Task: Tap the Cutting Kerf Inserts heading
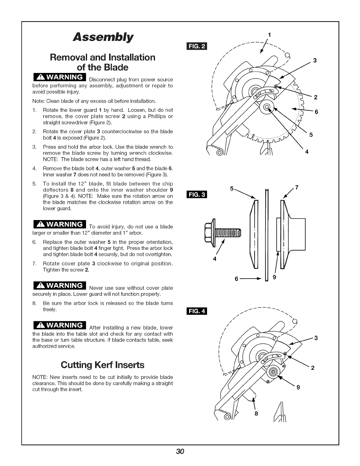[102, 365]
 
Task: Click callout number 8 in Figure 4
[256, 413]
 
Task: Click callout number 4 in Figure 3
[215, 259]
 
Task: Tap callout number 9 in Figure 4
[298, 387]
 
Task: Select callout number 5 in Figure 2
[311, 135]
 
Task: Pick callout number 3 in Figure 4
[316, 338]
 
